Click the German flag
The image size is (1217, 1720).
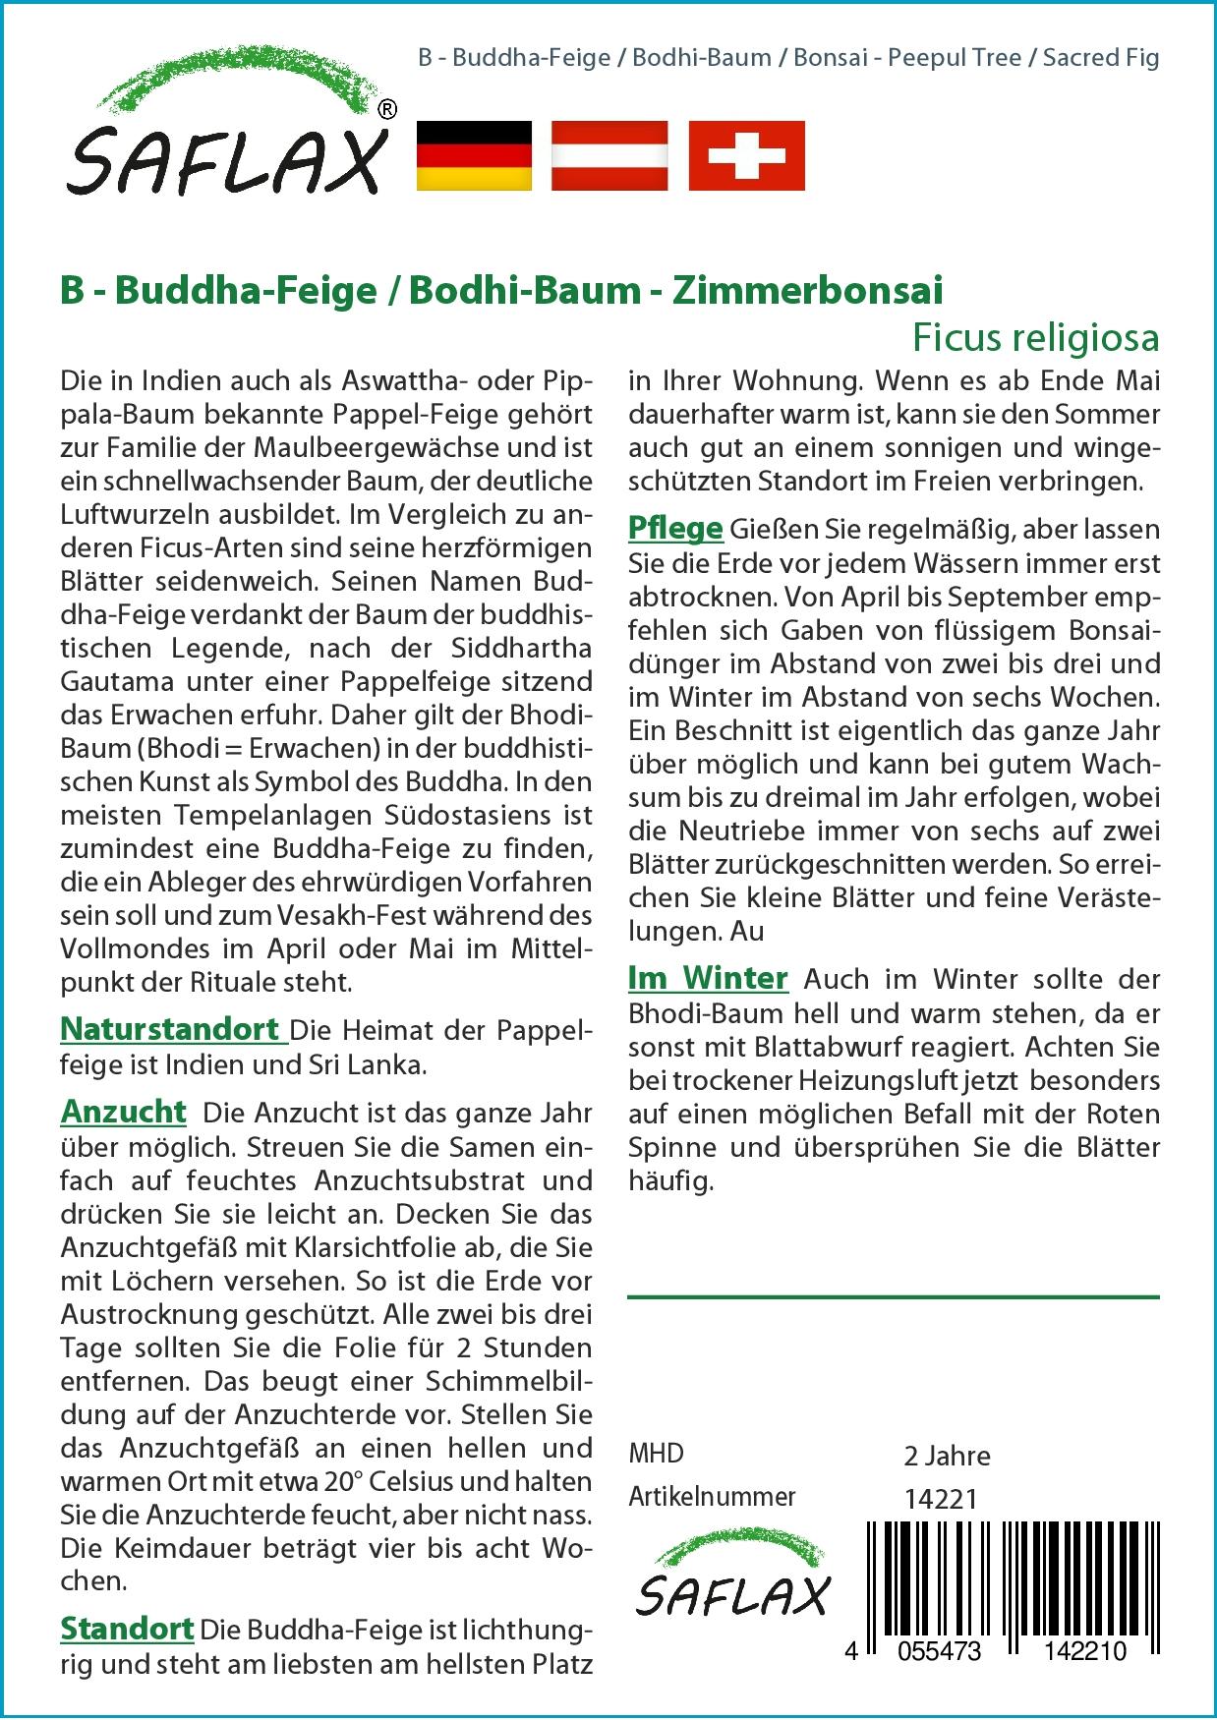[x=475, y=155]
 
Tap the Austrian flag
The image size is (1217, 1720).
[x=609, y=155]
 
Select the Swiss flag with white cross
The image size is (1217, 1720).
[x=746, y=155]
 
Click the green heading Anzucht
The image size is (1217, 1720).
[x=123, y=1112]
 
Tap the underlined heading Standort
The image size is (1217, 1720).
[x=127, y=1629]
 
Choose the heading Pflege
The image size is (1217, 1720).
[x=675, y=529]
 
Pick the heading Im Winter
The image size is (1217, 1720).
[x=708, y=978]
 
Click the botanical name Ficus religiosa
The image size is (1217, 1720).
[x=1035, y=338]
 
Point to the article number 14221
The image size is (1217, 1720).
[x=940, y=1499]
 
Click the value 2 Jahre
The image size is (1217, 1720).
[x=947, y=1456]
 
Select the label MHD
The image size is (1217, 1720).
[x=656, y=1454]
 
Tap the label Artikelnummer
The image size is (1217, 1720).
[x=712, y=1497]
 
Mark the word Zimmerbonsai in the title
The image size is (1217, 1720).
[x=807, y=291]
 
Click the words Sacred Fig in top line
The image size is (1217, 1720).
[x=1101, y=57]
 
